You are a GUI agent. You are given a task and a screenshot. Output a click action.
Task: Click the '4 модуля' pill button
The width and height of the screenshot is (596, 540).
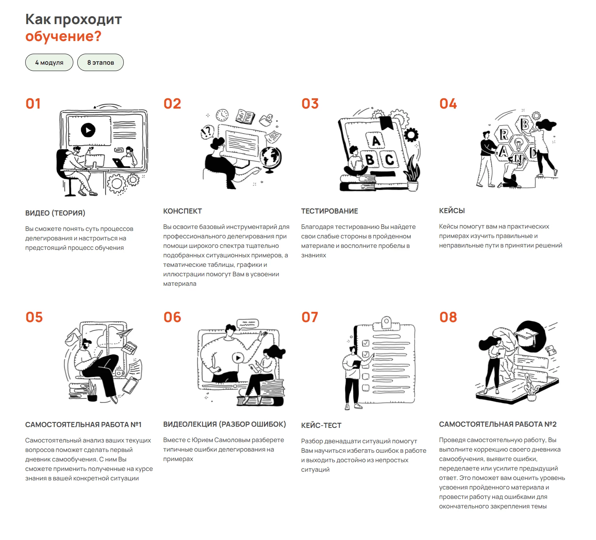click(49, 62)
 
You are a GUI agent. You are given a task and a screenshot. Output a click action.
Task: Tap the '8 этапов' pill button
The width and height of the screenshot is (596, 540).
click(101, 62)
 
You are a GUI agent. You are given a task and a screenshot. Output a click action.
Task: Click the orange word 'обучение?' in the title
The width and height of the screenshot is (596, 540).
click(63, 36)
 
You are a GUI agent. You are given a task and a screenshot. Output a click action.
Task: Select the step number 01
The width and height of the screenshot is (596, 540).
click(33, 104)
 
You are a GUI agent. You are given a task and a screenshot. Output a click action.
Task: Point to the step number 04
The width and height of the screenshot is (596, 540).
click(448, 104)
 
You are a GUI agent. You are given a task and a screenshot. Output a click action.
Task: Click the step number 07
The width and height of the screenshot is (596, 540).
click(309, 317)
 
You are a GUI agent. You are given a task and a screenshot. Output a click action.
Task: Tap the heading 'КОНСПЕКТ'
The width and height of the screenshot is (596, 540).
click(183, 211)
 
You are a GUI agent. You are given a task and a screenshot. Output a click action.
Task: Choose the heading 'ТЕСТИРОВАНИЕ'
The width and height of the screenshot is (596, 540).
click(330, 211)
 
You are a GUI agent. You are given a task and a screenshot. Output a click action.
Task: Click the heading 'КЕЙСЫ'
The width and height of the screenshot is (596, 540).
click(452, 211)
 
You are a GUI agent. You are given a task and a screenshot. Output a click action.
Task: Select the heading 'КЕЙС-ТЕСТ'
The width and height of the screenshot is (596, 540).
click(321, 426)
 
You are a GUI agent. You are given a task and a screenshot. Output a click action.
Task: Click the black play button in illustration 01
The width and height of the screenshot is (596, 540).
click(88, 130)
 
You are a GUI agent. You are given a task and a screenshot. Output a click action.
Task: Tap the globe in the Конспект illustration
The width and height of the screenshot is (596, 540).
click(270, 157)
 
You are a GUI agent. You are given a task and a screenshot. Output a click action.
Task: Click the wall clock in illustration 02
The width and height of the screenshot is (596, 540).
click(222, 115)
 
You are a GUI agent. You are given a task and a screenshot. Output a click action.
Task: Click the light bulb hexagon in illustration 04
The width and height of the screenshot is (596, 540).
click(518, 144)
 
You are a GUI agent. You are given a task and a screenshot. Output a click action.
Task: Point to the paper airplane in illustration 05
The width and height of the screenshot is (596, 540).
click(125, 333)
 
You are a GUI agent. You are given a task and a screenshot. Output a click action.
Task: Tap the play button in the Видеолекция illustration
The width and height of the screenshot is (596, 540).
click(238, 358)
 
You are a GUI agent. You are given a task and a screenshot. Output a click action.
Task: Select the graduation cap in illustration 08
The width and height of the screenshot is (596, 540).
click(527, 336)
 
